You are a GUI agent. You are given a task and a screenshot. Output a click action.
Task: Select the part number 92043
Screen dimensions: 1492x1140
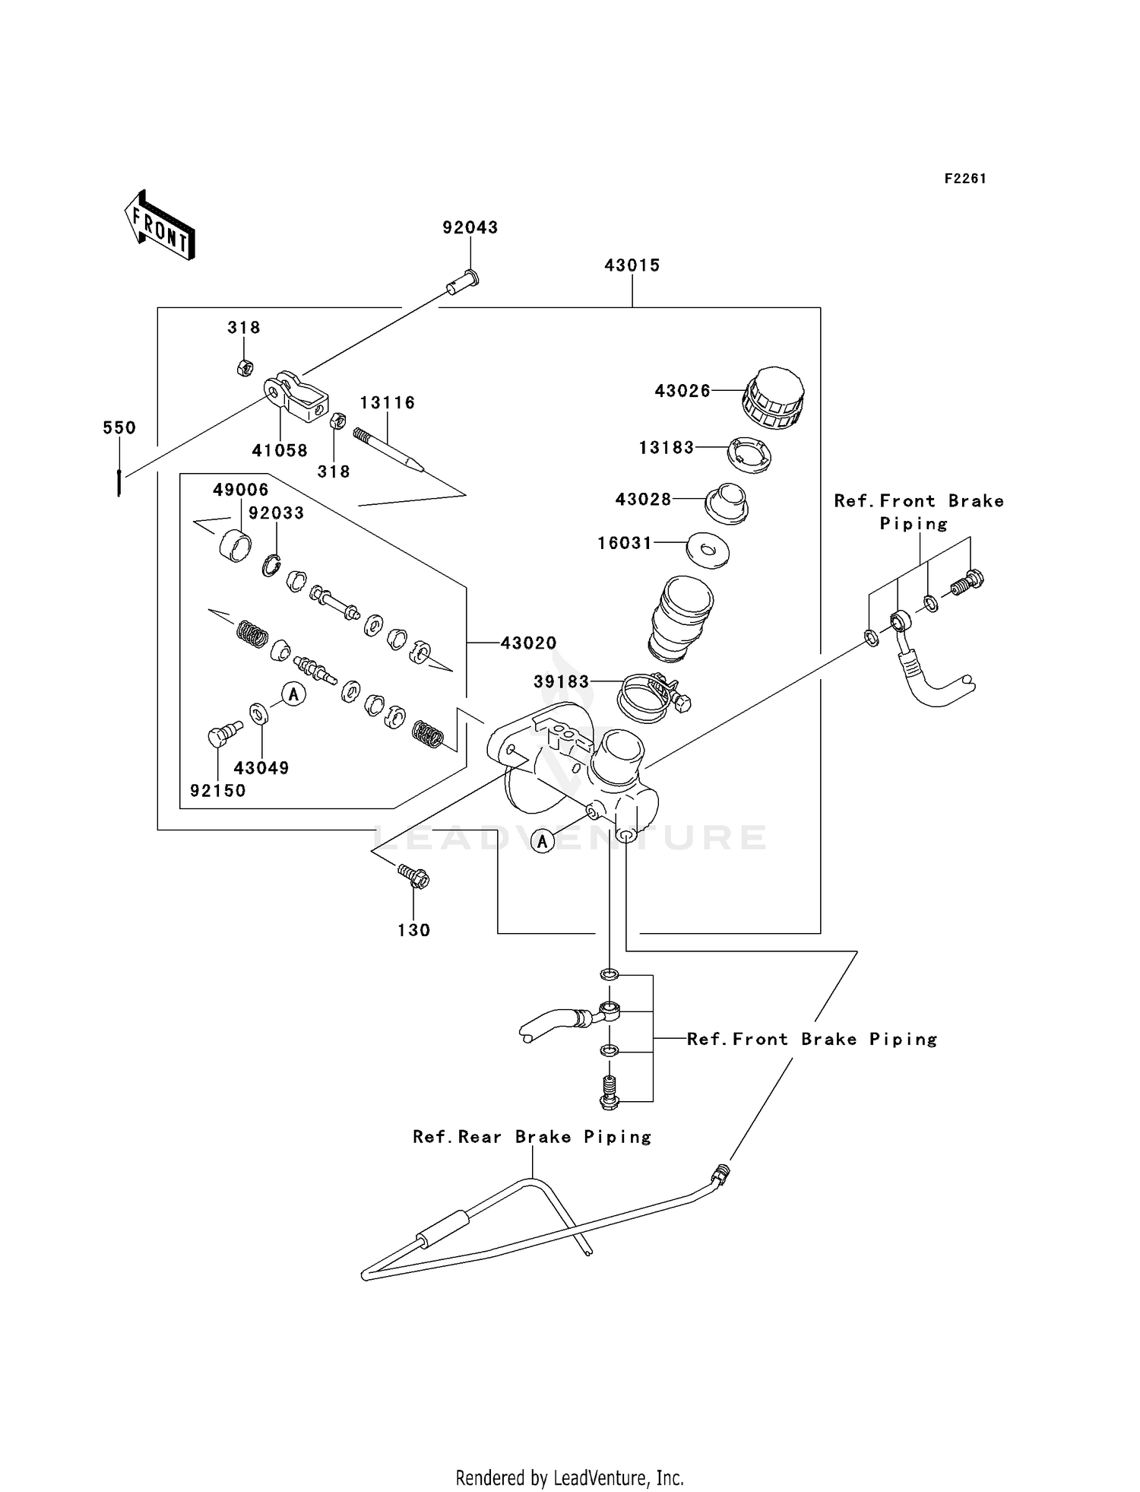[470, 227]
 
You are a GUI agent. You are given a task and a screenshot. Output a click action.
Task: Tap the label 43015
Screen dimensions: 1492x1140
[632, 265]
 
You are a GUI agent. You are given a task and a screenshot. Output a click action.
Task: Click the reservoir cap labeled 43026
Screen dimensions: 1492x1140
[773, 397]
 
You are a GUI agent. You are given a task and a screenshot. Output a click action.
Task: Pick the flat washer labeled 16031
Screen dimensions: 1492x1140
[708, 549]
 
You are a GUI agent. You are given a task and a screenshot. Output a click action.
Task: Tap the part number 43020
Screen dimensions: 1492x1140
[528, 643]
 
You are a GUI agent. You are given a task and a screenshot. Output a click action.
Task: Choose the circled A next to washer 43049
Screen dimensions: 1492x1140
[293, 694]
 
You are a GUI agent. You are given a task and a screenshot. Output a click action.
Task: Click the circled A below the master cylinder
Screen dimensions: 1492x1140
[542, 841]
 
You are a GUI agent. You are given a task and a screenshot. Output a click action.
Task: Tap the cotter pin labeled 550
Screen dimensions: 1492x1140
[119, 482]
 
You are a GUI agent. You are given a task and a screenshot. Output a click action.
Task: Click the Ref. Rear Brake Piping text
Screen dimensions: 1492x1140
[532, 1137]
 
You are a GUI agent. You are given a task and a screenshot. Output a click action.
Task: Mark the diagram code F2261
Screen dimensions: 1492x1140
[964, 179]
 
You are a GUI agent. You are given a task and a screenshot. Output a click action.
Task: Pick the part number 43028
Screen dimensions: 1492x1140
[643, 500]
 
